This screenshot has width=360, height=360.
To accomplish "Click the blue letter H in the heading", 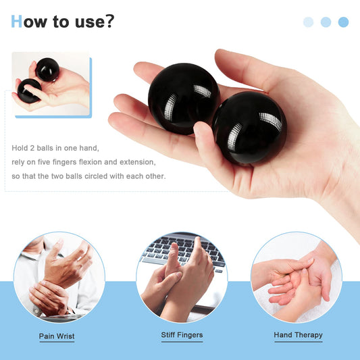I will point(17,22).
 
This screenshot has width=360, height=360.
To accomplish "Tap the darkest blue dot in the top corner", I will point(343,22).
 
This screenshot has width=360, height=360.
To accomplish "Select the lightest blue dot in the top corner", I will point(309,22).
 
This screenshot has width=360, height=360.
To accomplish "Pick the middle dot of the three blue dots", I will point(326,22).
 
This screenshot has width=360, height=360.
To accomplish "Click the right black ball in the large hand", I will point(248,128).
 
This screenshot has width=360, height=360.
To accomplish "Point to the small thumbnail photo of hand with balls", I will point(51,84).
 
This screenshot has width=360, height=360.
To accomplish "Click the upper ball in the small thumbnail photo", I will point(47,69).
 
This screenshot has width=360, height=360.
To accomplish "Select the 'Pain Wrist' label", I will point(57,336).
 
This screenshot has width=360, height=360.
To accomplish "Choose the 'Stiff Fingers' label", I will point(182,335).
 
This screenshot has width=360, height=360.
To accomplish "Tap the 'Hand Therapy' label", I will point(298,334).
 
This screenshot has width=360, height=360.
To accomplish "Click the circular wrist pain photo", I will point(59,277).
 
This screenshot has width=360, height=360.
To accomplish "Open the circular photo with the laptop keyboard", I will point(182,277).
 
